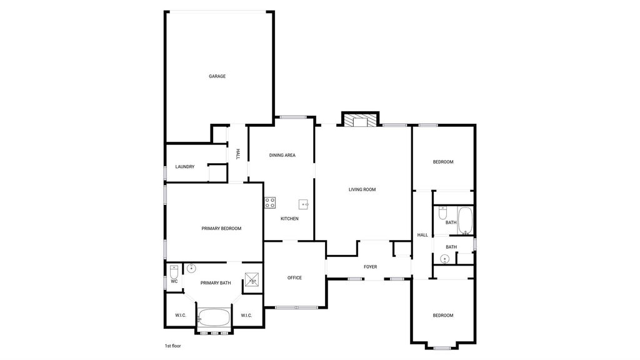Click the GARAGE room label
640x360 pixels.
[217, 76]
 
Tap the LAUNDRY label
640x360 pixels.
[185, 167]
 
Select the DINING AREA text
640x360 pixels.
[282, 156]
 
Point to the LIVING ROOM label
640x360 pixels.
[362, 190]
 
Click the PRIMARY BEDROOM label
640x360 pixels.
[221, 229]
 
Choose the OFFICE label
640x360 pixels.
[294, 278]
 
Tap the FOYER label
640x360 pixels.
[370, 267]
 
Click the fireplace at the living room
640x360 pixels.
[360, 121]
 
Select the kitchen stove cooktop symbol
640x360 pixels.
[270, 202]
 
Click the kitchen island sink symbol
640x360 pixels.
[303, 204]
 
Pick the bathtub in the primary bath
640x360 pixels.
[214, 317]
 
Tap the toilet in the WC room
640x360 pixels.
[174, 272]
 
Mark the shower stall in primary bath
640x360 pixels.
[252, 279]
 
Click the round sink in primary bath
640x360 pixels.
[191, 269]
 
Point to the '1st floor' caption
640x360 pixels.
[172, 346]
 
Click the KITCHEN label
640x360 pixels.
[289, 219]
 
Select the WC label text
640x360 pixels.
[174, 282]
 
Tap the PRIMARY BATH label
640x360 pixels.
[216, 283]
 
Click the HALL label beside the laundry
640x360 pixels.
[238, 154]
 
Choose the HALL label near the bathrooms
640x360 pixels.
[422, 235]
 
